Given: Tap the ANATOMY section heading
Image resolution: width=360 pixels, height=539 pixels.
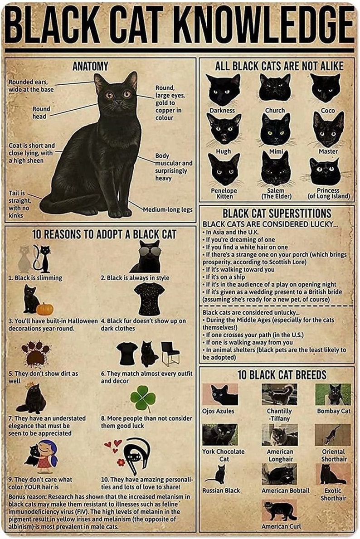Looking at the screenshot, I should tap(90, 66).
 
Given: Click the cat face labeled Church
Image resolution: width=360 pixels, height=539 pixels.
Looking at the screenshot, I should tap(275, 87).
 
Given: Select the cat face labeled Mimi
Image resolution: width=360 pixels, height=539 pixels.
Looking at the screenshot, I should tap(275, 129).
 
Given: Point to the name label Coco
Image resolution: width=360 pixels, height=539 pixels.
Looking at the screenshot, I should tap(327, 110).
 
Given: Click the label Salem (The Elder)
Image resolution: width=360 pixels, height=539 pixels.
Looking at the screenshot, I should tap(276, 194).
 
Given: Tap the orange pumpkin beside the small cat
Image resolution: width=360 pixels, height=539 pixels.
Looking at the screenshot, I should tap(45, 309).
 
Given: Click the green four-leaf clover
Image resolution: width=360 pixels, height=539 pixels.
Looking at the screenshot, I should tap(143, 398).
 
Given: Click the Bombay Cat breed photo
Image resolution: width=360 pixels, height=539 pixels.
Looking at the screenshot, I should tap(333, 394).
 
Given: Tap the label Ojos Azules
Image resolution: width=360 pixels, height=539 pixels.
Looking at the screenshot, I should tap(219, 411).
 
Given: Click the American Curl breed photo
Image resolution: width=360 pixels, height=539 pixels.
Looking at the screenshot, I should tap(279, 510).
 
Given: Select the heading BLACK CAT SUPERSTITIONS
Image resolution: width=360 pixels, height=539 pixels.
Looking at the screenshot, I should tap(277, 213).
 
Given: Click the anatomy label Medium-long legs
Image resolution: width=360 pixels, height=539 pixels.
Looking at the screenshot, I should tap(168, 209).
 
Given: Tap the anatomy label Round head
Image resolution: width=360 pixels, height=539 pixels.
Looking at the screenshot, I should tap(41, 112).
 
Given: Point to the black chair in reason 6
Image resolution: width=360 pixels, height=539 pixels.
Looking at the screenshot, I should tap(170, 354).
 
